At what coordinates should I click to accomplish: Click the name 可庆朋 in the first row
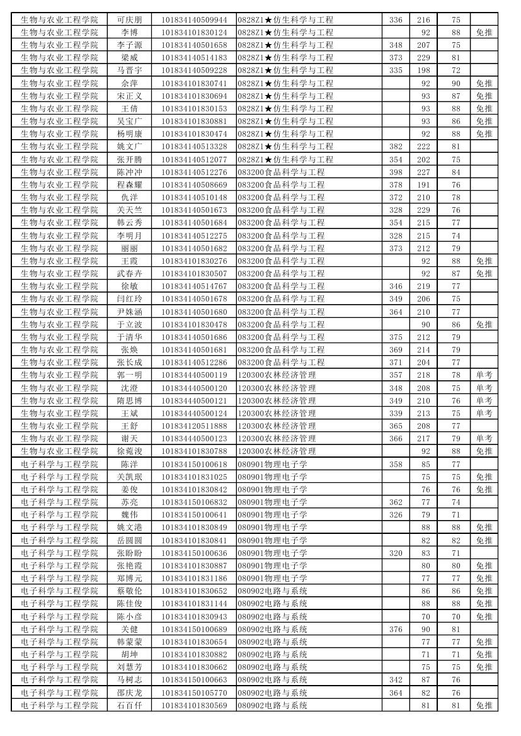[129, 20]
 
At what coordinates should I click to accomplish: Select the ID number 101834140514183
[194, 57]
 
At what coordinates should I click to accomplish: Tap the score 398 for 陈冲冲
[395, 172]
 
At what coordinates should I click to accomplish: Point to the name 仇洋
[129, 197]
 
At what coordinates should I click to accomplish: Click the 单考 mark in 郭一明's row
[484, 375]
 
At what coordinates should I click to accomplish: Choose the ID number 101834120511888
[194, 426]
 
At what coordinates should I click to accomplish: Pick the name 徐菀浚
[129, 451]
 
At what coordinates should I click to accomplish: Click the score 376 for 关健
[395, 629]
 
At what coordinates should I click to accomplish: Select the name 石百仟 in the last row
[129, 705]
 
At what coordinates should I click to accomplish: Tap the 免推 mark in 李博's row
[484, 32]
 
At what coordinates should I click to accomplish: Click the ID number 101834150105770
[194, 693]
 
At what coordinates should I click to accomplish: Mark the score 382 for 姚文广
[395, 146]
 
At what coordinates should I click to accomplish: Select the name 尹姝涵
[129, 312]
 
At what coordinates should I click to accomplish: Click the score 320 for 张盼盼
[395, 553]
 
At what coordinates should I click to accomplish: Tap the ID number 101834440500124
[194, 413]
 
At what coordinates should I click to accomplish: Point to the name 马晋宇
[129, 70]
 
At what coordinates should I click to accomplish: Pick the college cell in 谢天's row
[59, 438]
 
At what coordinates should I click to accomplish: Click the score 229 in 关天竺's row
[423, 210]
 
